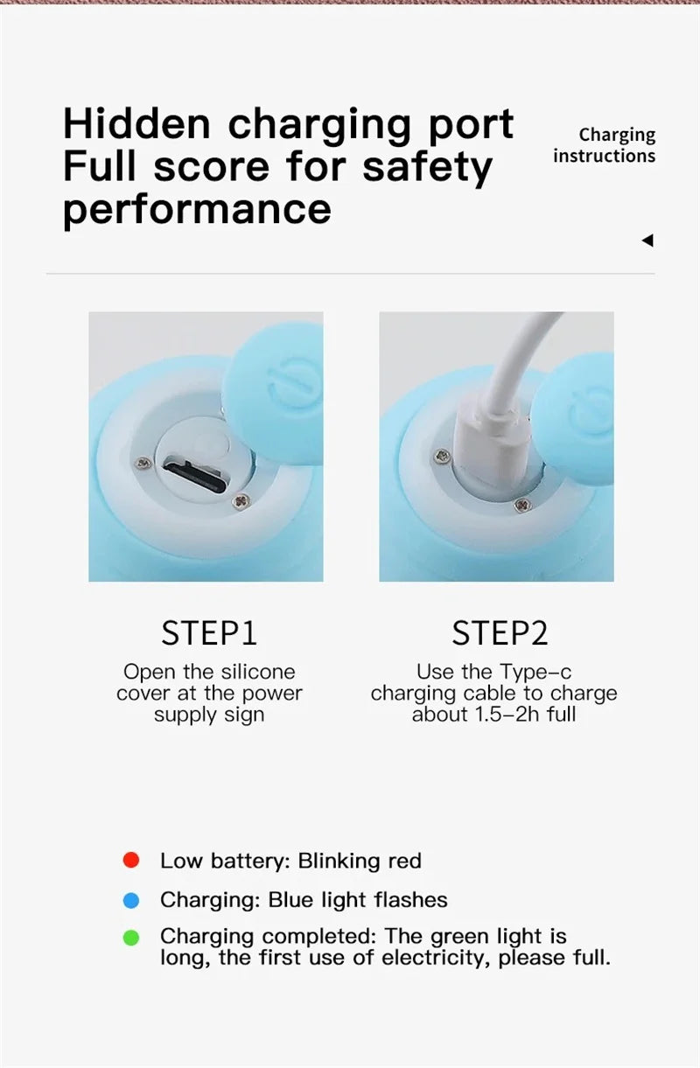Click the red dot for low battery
pyautogui.click(x=131, y=861)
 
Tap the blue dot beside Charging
pyautogui.click(x=131, y=899)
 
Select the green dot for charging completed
pyautogui.click(x=131, y=939)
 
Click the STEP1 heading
pyautogui.click(x=209, y=633)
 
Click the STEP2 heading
pyautogui.click(x=500, y=633)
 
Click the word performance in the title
pyautogui.click(x=197, y=209)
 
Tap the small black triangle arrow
pyautogui.click(x=647, y=241)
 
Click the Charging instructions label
pyautogui.click(x=604, y=145)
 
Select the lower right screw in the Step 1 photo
pyautogui.click(x=243, y=500)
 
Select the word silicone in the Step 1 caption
pyautogui.click(x=257, y=672)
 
